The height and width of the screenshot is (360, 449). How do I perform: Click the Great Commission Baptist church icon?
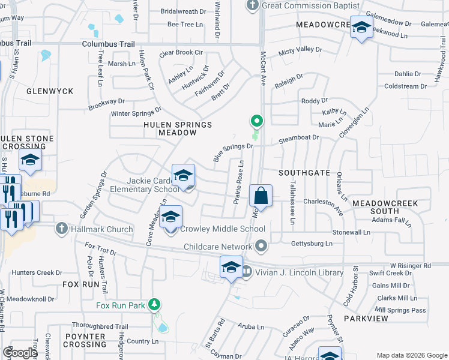click(x=253, y=5)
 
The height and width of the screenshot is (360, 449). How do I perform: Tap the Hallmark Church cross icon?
click(x=61, y=229)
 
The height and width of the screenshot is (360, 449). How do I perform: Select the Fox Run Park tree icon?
click(x=155, y=305)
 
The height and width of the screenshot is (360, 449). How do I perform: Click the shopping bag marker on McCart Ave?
click(x=261, y=196)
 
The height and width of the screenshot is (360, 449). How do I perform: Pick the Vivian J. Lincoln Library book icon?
click(x=247, y=272)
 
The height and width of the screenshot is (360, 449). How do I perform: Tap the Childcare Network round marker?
click(x=261, y=246)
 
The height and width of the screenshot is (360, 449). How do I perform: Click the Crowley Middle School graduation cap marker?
click(x=171, y=217)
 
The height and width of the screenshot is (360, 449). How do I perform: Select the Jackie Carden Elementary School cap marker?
click(x=184, y=176)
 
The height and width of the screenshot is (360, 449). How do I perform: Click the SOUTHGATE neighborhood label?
click(x=304, y=173)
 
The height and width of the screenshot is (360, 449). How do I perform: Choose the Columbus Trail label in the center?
click(x=108, y=44)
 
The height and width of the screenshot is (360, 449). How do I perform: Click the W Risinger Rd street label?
click(x=411, y=265)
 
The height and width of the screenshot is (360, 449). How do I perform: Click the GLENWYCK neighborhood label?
click(x=50, y=91)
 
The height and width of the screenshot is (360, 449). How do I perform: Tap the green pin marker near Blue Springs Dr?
click(x=256, y=121)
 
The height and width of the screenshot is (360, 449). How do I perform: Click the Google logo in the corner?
click(x=20, y=353)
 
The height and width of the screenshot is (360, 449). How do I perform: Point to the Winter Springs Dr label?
click(x=136, y=112)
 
